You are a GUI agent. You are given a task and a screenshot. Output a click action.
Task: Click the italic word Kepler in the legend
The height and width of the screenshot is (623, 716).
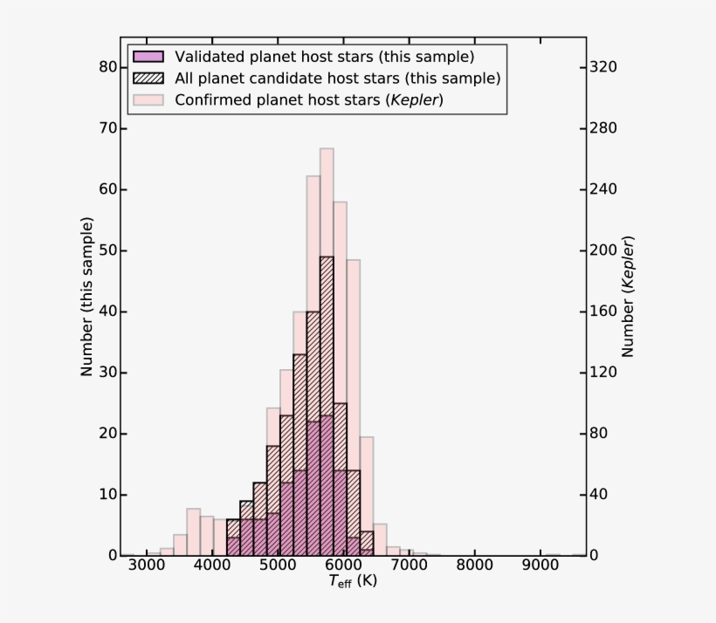(417, 99)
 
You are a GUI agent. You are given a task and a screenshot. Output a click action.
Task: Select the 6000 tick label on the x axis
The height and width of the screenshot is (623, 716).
(344, 565)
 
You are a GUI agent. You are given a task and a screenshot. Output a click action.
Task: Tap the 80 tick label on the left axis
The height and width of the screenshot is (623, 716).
(107, 67)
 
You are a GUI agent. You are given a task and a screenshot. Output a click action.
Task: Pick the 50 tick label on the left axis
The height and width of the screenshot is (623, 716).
(107, 250)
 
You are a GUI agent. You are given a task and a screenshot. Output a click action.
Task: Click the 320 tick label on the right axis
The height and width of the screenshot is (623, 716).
(605, 67)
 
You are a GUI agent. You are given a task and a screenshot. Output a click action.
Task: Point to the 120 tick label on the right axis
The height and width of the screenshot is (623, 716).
(605, 373)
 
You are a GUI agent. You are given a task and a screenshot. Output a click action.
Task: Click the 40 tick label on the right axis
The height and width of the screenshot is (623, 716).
(602, 495)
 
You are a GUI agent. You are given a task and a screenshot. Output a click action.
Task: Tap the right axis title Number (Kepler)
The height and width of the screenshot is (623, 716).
(628, 297)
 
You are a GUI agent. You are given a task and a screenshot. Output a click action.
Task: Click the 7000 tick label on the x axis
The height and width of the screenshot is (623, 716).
(410, 565)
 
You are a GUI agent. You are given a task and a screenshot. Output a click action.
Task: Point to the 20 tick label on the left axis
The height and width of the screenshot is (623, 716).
(107, 434)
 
